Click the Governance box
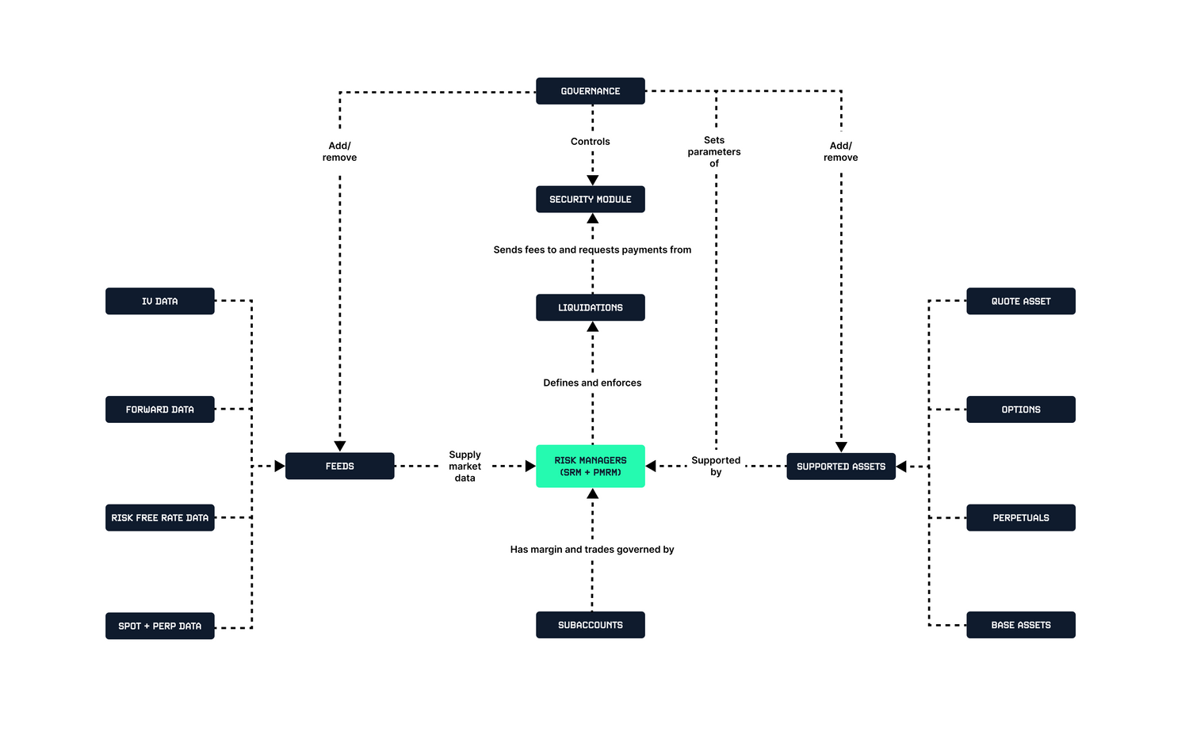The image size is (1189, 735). [590, 91]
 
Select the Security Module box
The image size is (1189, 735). [590, 200]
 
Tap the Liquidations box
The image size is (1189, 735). [590, 307]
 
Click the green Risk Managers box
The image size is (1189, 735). [590, 466]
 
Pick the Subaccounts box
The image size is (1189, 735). [590, 625]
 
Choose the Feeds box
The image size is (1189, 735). [339, 466]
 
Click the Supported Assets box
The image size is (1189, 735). [840, 467]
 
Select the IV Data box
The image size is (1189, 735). [159, 301]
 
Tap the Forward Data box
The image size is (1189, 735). [159, 409]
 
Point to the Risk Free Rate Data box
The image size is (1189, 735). [159, 518]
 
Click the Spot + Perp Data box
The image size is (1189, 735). [159, 626]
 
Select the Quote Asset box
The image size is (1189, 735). [1020, 301]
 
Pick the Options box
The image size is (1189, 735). [1020, 409]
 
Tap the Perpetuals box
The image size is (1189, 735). [1020, 518]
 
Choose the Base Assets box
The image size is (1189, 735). [1020, 625]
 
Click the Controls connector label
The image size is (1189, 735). [590, 142]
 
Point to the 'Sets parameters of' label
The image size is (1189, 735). [714, 151]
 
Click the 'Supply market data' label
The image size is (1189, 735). [465, 467]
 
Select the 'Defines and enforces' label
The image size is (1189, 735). [592, 383]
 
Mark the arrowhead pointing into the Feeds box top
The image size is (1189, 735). [340, 447]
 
